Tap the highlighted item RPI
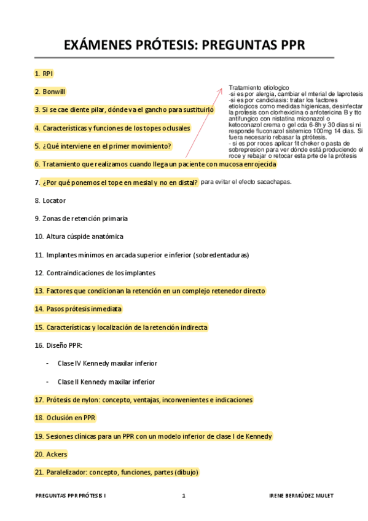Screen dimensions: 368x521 click(x=47, y=74)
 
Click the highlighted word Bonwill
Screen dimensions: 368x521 click(x=53, y=92)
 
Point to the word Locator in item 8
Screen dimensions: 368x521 click(x=54, y=200)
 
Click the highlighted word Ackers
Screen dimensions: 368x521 click(x=57, y=454)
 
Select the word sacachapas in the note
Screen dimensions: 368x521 click(x=274, y=182)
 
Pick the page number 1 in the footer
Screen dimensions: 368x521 click(x=183, y=495)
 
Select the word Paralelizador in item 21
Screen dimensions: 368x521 click(x=66, y=472)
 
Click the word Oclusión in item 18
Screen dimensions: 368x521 click(x=60, y=418)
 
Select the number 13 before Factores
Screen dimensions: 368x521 click(x=39, y=291)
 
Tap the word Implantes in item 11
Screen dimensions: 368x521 click(x=62, y=254)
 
